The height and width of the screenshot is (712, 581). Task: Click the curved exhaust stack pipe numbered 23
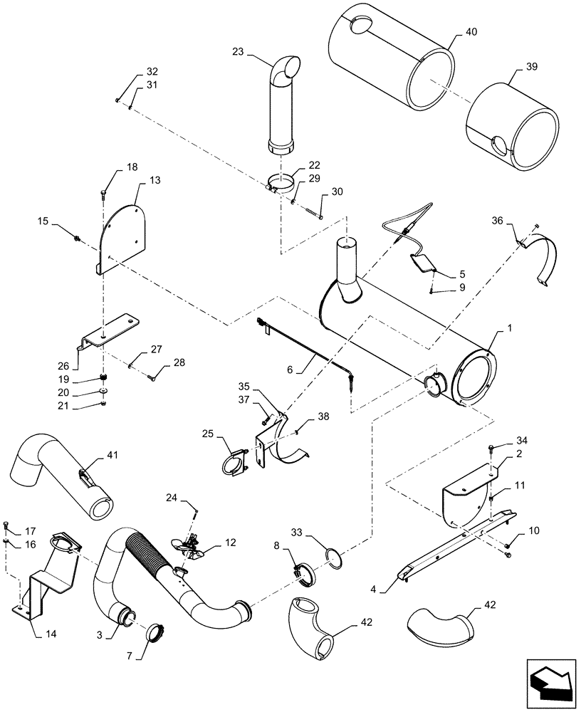coord(282,107)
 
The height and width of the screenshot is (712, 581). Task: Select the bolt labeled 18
coord(104,191)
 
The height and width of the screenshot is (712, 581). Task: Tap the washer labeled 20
coord(104,391)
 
